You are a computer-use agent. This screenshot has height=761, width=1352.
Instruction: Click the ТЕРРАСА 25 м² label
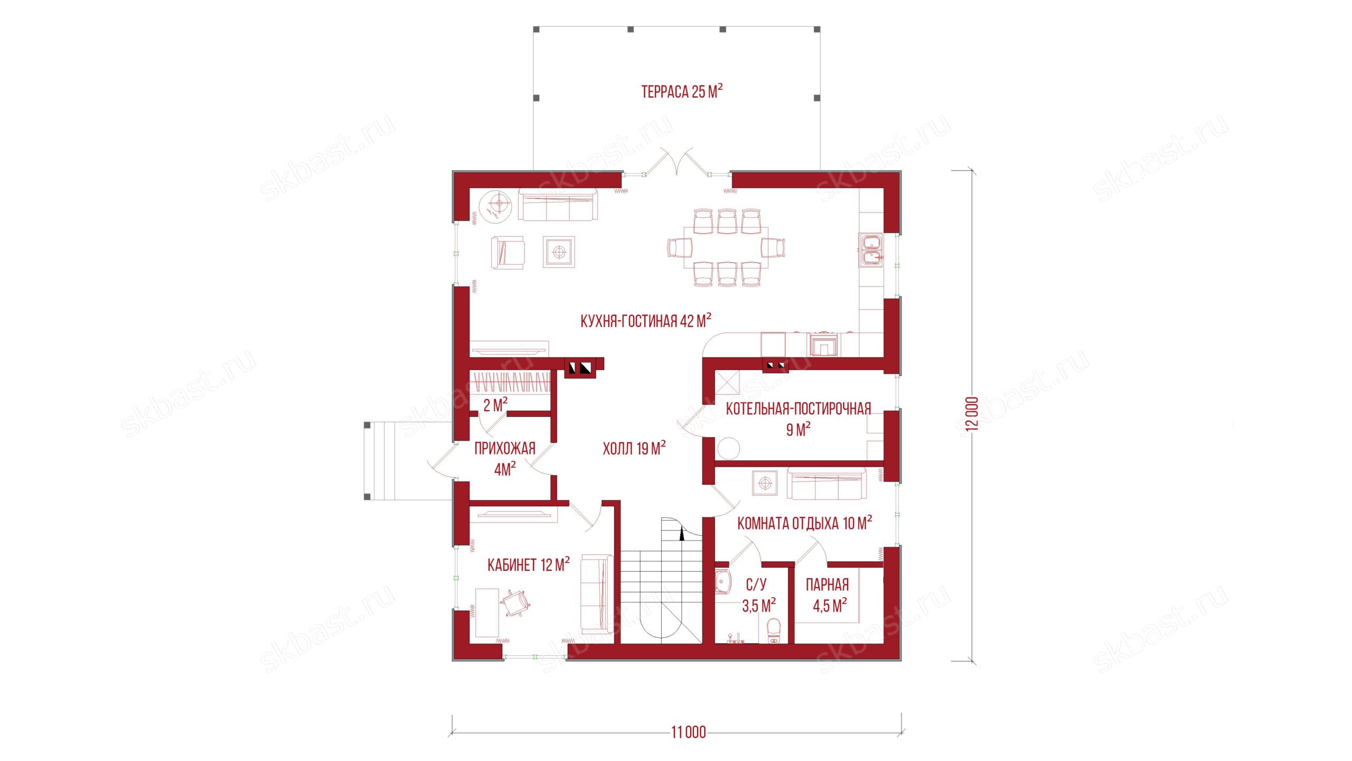point(682,91)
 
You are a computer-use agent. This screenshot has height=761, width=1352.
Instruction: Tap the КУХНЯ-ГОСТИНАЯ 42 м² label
point(645,321)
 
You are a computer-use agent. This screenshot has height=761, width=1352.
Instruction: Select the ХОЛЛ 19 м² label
point(634,448)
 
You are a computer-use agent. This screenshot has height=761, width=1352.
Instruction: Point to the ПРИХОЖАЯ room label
point(505,448)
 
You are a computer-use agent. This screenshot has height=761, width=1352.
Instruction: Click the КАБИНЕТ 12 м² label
point(528,564)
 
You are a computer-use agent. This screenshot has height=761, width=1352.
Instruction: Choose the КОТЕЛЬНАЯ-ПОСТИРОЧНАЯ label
point(798,409)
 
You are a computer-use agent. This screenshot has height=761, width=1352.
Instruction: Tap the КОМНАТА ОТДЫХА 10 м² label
point(804,523)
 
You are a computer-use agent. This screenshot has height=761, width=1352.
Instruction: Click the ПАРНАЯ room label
point(827,584)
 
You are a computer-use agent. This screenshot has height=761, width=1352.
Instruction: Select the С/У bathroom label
point(756,584)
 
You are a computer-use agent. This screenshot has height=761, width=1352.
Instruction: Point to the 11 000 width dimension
point(688,732)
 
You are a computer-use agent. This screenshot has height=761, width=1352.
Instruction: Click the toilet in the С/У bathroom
point(773,632)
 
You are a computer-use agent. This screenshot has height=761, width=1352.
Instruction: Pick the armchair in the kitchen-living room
point(138,253)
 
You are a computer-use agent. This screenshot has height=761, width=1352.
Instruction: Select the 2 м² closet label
point(495,405)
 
